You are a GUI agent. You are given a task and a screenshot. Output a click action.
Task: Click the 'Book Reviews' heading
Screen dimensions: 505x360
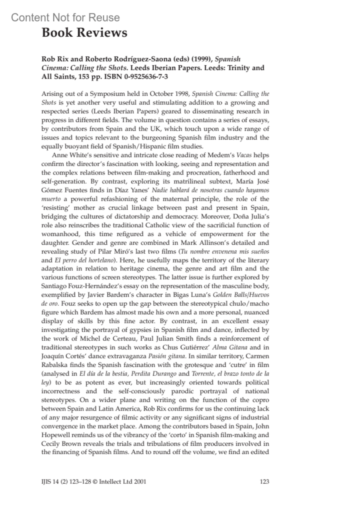pyautogui.click(x=84, y=33)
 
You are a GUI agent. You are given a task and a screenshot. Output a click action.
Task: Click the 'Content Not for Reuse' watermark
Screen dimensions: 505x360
pyautogui.click(x=65, y=18)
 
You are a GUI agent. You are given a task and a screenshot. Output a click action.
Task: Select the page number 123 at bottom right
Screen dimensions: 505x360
pyautogui.click(x=264, y=482)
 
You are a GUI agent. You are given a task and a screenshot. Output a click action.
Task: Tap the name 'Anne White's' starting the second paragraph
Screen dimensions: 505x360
pyautogui.click(x=71, y=155)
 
